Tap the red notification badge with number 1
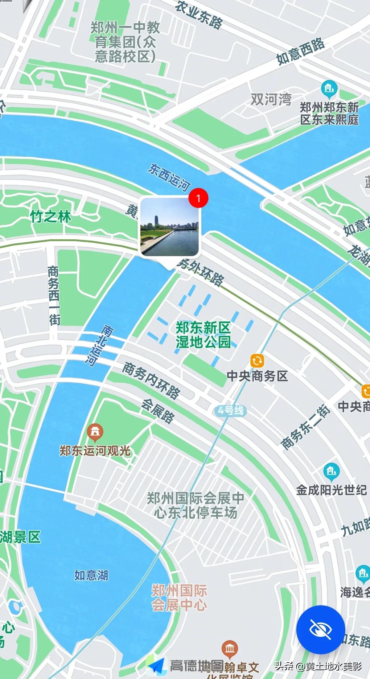click(x=198, y=198)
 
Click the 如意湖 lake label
click(x=91, y=575)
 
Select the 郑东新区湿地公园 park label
click(x=203, y=335)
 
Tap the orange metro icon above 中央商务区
click(x=257, y=360)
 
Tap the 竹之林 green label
click(x=51, y=217)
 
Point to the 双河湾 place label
click(x=271, y=99)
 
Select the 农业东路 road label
click(x=199, y=14)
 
